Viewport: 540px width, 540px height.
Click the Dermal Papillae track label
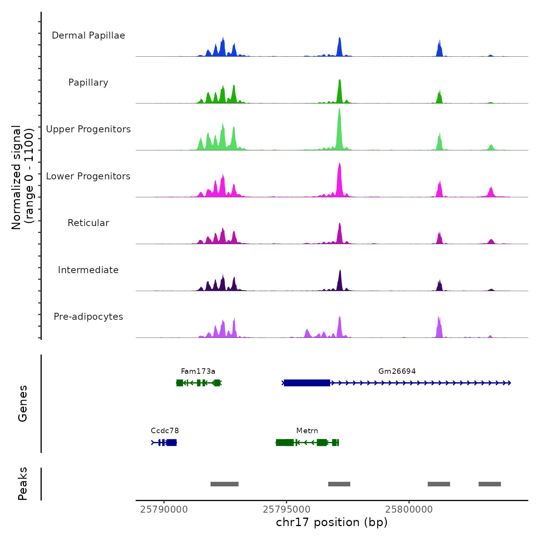[88, 35]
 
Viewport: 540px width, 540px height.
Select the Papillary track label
[88, 83]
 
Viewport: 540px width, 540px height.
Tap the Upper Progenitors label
[88, 129]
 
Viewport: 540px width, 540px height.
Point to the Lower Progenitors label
[88, 176]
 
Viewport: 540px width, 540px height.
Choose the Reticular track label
[88, 223]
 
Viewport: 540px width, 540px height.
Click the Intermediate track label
[88, 270]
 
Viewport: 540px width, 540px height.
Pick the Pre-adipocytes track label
[88, 317]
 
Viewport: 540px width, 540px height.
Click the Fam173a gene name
[198, 371]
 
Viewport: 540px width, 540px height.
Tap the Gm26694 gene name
[397, 371]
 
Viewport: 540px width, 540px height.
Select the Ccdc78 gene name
[165, 431]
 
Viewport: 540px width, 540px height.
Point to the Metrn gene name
[307, 431]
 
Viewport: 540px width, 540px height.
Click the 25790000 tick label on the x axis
[164, 510]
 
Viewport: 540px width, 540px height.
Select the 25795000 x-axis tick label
[287, 510]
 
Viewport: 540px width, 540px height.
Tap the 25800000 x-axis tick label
[409, 510]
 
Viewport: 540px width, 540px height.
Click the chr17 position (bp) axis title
[332, 522]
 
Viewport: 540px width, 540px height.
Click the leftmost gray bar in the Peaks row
[224, 484]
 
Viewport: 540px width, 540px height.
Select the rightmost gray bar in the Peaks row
[489, 484]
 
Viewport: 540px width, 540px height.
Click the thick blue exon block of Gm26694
[307, 383]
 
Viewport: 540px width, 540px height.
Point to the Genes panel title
[23, 403]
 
